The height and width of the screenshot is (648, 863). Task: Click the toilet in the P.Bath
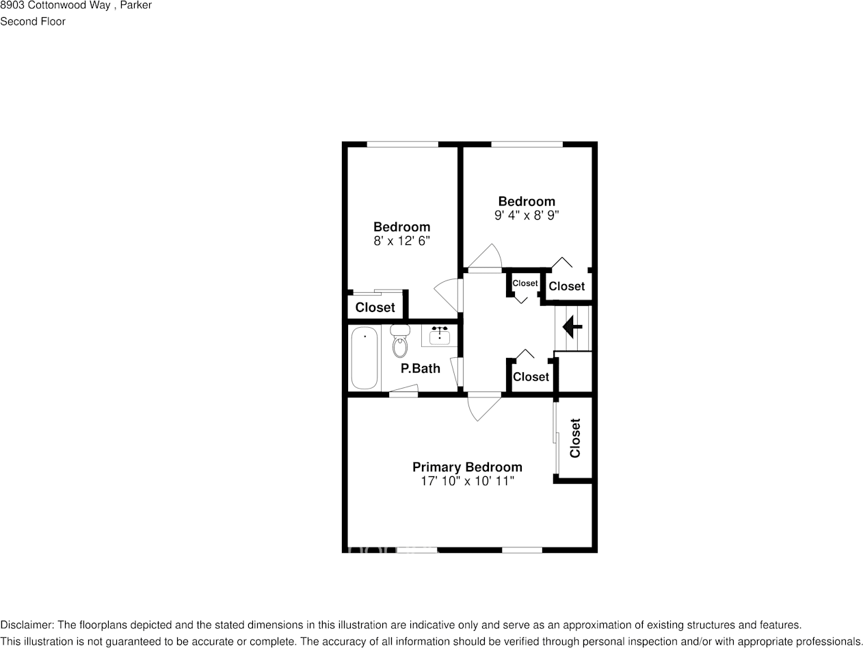coord(399,342)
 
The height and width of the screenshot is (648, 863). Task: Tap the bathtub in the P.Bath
coord(364,358)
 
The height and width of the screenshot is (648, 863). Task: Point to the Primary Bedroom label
coord(467,467)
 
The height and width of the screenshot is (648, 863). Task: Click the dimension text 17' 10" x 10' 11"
coord(467,481)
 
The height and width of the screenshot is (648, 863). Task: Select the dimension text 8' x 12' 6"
coord(401,241)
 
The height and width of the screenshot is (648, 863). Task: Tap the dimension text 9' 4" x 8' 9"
coord(527,215)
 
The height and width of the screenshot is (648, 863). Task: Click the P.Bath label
coord(421,369)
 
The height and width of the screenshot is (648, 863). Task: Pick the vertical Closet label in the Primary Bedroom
coord(575,438)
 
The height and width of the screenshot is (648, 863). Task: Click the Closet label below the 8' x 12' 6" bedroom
coord(375,308)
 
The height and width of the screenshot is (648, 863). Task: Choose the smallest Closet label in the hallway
coord(525,283)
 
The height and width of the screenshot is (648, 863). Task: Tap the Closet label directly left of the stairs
coord(531,377)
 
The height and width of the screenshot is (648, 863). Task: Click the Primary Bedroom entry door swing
coord(483,408)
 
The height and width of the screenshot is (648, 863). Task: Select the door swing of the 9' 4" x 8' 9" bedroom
coord(487,257)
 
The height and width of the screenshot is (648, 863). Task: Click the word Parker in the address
coord(136,5)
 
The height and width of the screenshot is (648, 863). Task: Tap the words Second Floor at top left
coord(33,21)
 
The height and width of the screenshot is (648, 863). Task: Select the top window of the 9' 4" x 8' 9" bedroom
coord(527,144)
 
